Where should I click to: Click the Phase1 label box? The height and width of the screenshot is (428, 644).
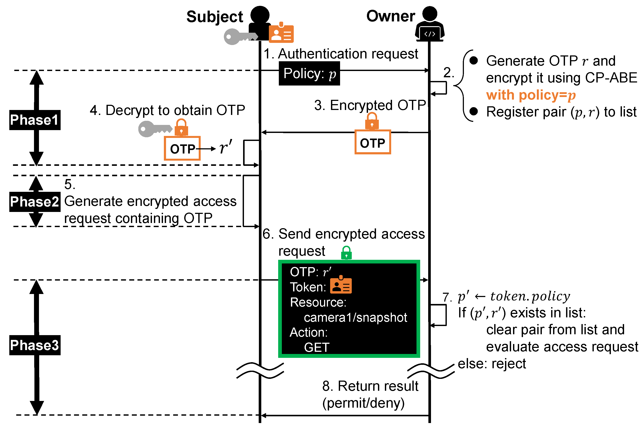point(35,120)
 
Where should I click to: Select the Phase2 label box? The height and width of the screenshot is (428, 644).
point(35,202)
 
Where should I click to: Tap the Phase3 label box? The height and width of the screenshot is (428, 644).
point(35,345)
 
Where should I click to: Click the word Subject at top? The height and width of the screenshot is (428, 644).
point(215,17)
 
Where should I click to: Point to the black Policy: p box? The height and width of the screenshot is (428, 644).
point(309,73)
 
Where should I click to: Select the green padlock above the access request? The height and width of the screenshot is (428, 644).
point(346,253)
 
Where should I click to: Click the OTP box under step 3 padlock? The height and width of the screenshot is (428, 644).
point(373,142)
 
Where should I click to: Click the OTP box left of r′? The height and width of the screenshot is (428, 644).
point(182,149)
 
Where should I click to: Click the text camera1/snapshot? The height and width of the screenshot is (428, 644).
point(355,317)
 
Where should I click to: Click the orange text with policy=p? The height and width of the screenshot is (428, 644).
point(531,95)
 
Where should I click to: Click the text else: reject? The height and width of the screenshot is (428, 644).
point(491,363)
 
